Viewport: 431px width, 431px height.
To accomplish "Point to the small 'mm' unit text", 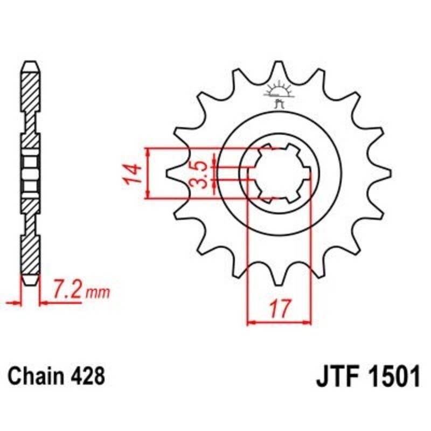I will pos(100,294).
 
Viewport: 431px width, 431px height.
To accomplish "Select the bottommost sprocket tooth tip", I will pos(279,284).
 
